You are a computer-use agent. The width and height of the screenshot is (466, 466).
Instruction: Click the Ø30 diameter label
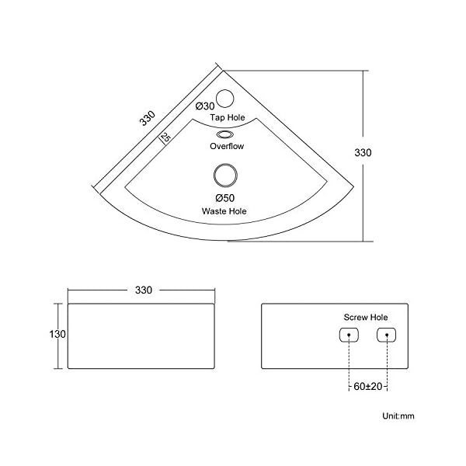pyautogui.click(x=205, y=106)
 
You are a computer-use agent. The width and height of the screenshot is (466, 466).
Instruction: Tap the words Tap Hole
pyautogui.click(x=228, y=117)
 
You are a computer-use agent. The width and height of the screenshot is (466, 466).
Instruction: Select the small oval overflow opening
pyautogui.click(x=225, y=134)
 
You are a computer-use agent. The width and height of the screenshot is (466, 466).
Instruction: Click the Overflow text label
pyautogui.click(x=227, y=146)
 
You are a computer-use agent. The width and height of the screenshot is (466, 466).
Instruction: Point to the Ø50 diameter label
pyautogui.click(x=225, y=198)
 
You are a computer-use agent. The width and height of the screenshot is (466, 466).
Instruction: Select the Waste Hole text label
pyautogui.click(x=224, y=211)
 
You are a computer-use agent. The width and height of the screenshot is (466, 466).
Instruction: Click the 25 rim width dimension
pyautogui.click(x=165, y=137)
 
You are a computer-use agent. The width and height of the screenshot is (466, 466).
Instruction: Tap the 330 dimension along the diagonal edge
pyautogui.click(x=148, y=118)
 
